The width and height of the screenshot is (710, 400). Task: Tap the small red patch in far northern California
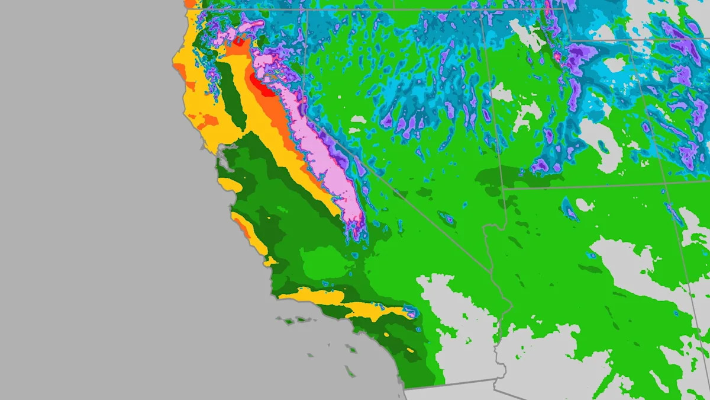pyautogui.click(x=239, y=41)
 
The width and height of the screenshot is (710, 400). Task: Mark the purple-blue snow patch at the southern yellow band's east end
pyautogui.click(x=410, y=310)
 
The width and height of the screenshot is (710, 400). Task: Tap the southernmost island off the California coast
pyautogui.click(x=350, y=373)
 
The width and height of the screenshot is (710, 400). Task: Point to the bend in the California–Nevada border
pyautogui.click(x=353, y=155)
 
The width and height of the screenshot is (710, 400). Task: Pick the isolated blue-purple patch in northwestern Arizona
pyautogui.click(x=569, y=209)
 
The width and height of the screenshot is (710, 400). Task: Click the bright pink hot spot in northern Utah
pyautogui.click(x=557, y=57)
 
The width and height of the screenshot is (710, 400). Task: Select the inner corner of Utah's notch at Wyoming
pyautogui.click(x=570, y=40)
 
